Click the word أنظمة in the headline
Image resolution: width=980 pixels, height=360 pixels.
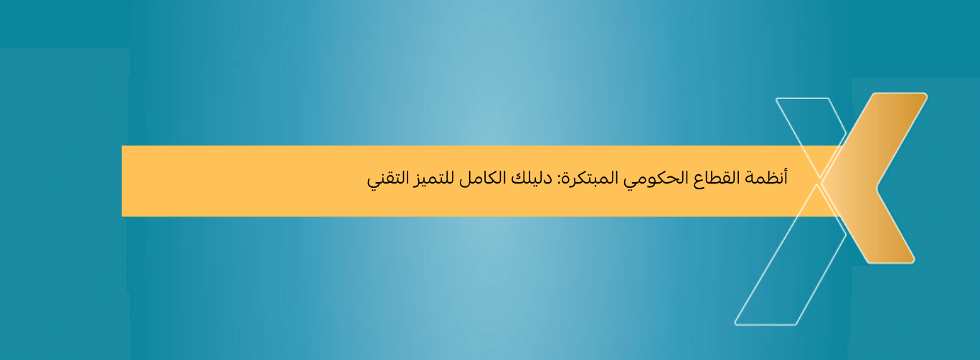coord(768,178)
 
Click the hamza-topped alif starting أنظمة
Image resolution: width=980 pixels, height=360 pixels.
coord(786,176)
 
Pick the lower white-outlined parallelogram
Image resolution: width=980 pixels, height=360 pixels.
coord(778,273)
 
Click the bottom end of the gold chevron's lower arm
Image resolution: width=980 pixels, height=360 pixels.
coord(890,260)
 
